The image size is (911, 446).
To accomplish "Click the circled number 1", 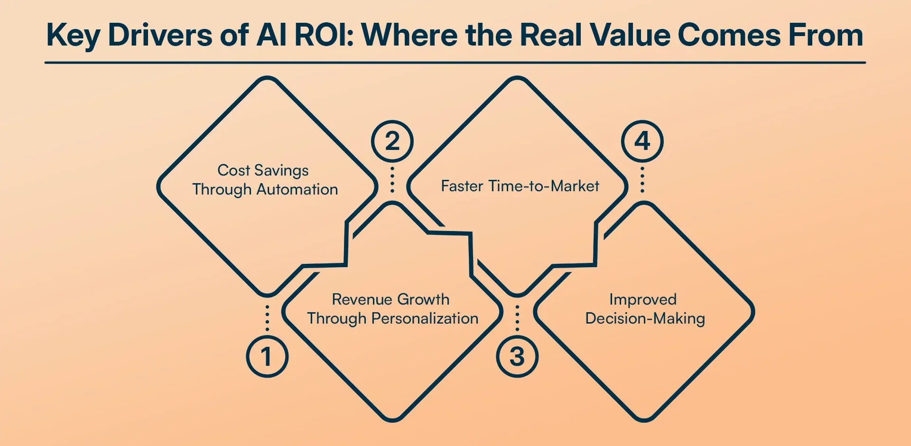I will coord(267,356).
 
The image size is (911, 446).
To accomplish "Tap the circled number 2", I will coord(392,141).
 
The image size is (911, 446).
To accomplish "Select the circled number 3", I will coord(517,356).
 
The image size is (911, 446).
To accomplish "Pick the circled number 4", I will coord(642,141).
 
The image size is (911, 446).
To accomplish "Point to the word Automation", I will coord(297,189).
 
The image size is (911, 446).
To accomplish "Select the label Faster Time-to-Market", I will coord(520,186).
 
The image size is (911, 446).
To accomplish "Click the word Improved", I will coord(643,299).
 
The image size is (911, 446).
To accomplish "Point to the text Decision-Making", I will coord(645,318).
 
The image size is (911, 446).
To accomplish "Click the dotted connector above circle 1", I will coord(268,318).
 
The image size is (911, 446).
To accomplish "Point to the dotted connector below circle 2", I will coord(392,179).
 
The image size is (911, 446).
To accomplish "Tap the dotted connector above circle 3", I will coord(517,318).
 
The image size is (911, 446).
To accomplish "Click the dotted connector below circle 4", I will coord(642,179).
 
